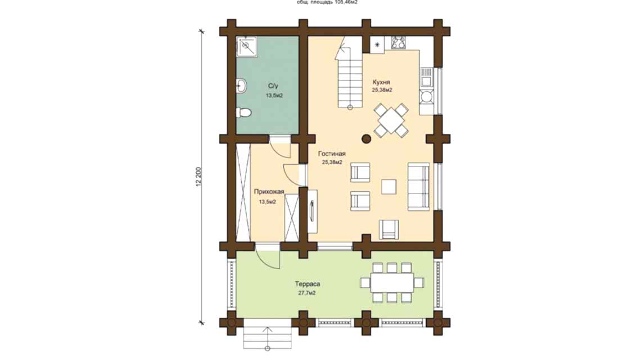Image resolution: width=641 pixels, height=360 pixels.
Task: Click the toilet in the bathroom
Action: (x=243, y=112)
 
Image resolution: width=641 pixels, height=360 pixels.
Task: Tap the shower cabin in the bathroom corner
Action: (x=246, y=47)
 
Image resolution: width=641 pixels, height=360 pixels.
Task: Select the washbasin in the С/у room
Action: (x=241, y=86)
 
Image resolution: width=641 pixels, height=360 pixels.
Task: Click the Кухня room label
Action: (x=381, y=82)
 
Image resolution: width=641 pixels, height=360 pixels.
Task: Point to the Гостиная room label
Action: (x=331, y=154)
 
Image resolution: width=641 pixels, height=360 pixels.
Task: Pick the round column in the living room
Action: (x=366, y=138)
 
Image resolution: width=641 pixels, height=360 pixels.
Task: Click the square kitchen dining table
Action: (x=391, y=119)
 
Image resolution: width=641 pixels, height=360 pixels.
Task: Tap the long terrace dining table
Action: (x=392, y=282)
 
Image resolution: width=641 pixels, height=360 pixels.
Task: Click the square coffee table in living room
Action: (x=388, y=186)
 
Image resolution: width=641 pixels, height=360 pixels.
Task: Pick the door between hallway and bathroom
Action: (x=279, y=147)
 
